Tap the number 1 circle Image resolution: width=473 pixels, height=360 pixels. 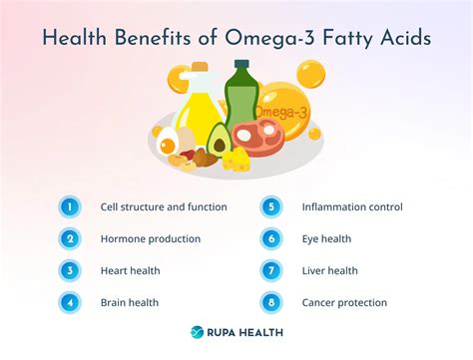[x=69, y=207]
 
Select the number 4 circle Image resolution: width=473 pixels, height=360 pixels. [x=69, y=302]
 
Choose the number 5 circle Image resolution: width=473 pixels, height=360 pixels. [x=270, y=207]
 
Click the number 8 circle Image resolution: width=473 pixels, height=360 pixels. [x=270, y=302]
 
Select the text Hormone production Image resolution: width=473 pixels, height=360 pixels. [x=151, y=239]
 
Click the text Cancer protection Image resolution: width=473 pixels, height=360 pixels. [x=344, y=302]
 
